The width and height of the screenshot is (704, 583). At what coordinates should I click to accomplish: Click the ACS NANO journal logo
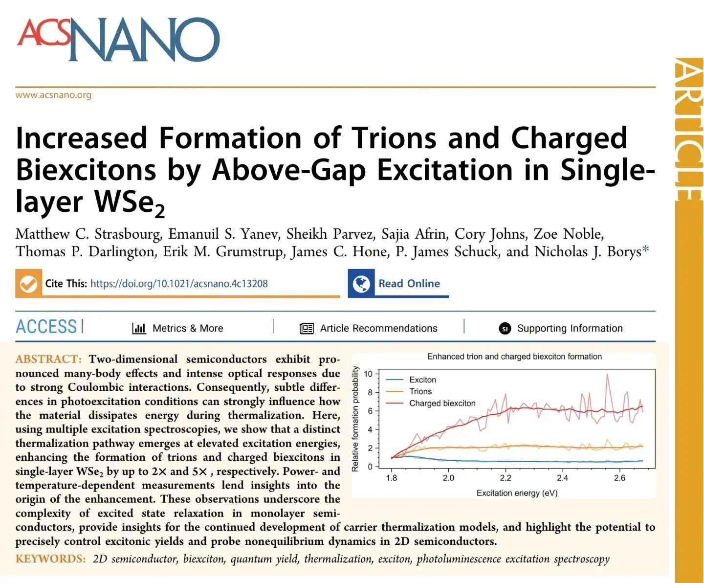pos(118,40)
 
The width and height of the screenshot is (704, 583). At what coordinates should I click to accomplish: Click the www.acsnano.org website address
pos(53,95)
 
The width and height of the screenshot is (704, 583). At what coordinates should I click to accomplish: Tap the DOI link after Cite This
pos(179,284)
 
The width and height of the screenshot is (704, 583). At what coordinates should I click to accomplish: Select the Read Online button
pos(409,284)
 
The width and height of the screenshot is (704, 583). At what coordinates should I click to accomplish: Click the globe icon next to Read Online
pos(361,284)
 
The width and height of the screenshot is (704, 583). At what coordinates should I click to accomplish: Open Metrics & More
pos(187,328)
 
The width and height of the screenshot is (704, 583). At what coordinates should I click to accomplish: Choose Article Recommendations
pos(378,328)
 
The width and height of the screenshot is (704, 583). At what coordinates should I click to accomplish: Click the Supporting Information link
pos(570,328)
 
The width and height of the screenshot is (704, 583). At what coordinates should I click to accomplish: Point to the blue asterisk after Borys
pos(646,250)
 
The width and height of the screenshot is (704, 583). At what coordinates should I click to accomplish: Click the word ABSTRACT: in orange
pos(48,359)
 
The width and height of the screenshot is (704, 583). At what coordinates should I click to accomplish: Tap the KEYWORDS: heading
pos(50,559)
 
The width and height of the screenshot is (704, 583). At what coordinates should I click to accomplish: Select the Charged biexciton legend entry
pos(442,403)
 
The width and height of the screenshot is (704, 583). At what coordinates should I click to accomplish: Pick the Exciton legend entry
pos(422,380)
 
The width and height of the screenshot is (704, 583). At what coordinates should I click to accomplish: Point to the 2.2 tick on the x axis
pos(505,478)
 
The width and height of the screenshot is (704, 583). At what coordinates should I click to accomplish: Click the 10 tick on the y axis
pos(368,374)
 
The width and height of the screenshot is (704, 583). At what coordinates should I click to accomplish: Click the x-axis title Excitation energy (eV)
pos(517,493)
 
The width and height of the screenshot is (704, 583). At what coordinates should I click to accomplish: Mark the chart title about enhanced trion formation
pos(514,357)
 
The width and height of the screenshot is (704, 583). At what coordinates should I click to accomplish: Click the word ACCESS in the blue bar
pos(46,327)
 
